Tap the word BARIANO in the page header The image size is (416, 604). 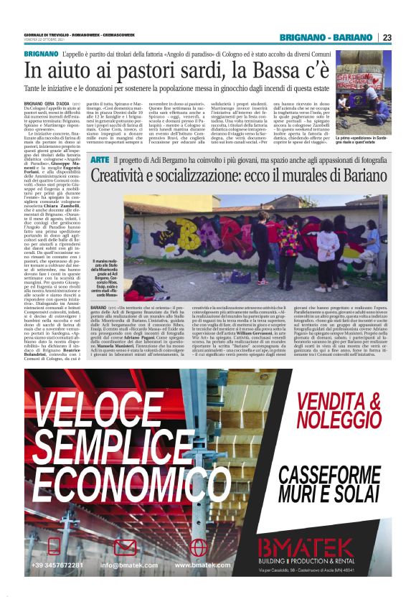coord(354,37)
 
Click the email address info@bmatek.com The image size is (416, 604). coord(128,565)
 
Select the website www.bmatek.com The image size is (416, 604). coord(202,565)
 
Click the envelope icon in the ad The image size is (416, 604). coord(126,547)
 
